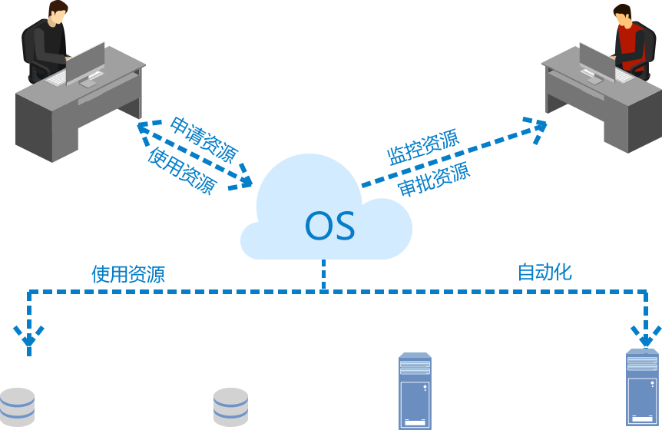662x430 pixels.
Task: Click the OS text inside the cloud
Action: click(x=330, y=225)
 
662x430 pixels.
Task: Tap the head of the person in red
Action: click(x=622, y=15)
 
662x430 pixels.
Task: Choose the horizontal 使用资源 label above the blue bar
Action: click(x=128, y=274)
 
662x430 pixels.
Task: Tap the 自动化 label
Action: click(x=544, y=272)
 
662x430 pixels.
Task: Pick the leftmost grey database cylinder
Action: click(x=18, y=407)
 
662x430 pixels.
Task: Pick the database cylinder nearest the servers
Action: click(x=230, y=407)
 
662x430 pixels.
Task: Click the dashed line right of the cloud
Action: click(x=376, y=181)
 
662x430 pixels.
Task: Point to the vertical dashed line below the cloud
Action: click(x=324, y=273)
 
